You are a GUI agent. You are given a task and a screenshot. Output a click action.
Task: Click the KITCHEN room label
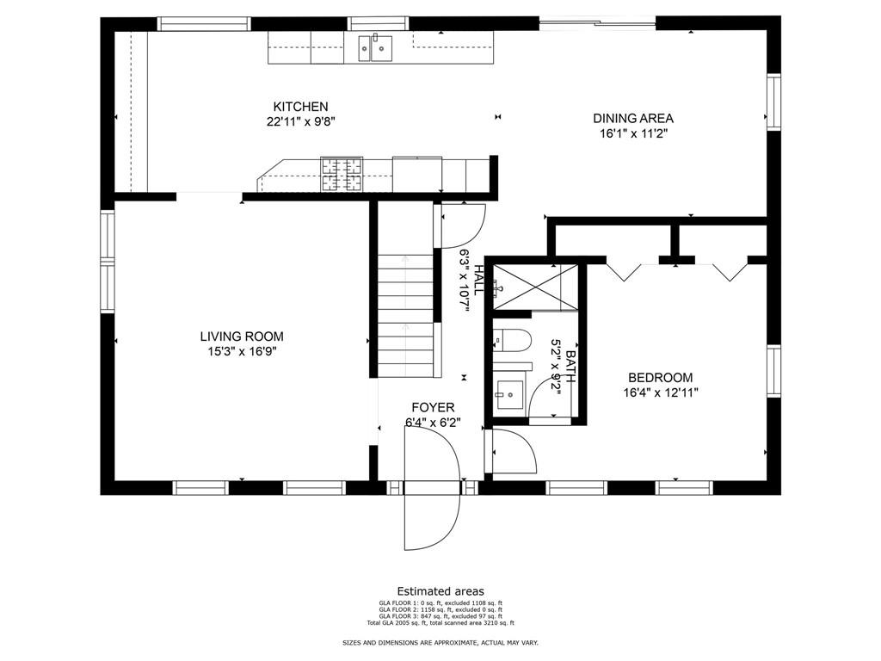point(300,107)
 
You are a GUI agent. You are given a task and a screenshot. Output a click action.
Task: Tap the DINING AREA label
point(633,119)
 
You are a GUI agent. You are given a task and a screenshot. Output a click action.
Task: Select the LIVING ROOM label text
point(242,337)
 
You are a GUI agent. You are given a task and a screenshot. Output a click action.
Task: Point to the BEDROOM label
point(660,378)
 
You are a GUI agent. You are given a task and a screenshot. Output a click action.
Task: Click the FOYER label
point(433,407)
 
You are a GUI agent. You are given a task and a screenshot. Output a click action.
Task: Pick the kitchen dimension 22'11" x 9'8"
point(300,121)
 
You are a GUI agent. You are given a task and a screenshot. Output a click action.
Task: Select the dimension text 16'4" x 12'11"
point(660,392)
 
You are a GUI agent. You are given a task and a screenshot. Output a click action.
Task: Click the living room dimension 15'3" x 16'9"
point(242,351)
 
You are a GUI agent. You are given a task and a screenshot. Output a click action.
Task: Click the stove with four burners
point(342,174)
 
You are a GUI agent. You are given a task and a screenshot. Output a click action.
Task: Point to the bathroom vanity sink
point(510,392)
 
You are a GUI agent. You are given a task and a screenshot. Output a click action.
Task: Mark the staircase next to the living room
point(406,314)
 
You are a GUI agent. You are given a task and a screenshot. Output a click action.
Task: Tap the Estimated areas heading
point(440,591)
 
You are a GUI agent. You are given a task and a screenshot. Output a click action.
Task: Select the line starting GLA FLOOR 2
point(440,609)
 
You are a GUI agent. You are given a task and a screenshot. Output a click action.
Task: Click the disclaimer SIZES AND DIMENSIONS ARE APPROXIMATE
point(440,643)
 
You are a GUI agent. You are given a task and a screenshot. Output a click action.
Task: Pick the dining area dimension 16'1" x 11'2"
point(633,133)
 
